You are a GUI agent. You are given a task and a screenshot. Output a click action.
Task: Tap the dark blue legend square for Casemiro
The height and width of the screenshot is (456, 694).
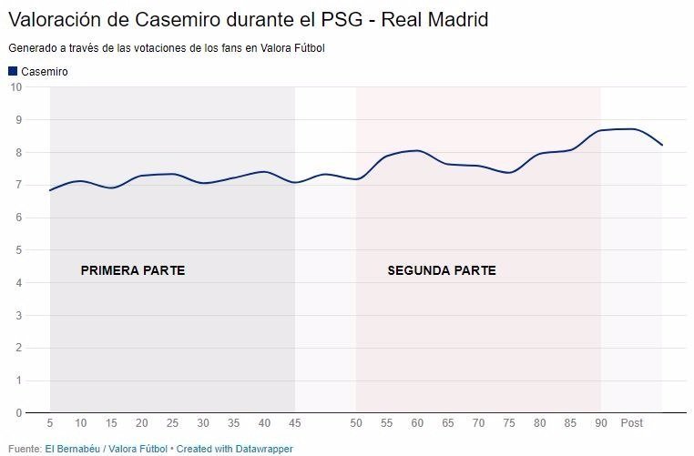13,71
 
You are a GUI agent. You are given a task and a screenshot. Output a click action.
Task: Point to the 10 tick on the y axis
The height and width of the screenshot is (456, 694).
15,87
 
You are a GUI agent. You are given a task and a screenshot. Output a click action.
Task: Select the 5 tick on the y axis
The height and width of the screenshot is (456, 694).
17,250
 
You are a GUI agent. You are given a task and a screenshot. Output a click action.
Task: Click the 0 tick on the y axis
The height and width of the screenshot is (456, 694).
17,413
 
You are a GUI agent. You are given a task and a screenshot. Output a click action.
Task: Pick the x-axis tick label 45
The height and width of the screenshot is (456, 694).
295,424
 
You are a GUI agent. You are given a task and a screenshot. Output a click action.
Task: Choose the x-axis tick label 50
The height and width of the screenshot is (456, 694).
356,424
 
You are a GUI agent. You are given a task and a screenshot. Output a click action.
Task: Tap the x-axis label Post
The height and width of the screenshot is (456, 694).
631,424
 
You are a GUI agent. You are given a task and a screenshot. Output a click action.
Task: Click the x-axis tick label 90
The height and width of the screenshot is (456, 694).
600,424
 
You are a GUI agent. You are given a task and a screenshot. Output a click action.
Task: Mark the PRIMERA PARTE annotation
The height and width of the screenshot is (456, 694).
133,270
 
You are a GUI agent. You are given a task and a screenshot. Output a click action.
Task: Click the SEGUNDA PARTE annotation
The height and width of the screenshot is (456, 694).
442,270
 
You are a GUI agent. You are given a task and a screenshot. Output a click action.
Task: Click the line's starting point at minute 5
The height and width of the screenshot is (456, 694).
50,190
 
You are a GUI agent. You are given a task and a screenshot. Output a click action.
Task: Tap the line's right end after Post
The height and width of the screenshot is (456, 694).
662,145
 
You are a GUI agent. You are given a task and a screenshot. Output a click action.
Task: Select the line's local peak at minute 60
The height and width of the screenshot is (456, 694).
417,150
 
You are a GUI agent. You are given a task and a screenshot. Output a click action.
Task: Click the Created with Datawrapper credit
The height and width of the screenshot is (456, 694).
235,449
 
